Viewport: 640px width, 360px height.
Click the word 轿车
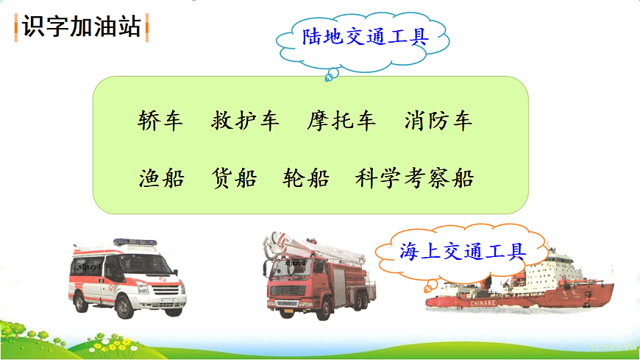[160, 121]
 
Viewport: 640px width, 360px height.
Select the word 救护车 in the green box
[245, 121]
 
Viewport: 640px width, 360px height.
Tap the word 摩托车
[341, 121]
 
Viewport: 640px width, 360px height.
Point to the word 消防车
[438, 121]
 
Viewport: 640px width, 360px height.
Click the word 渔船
[161, 177]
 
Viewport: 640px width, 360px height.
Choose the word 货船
[234, 177]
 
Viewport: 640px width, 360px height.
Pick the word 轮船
[306, 177]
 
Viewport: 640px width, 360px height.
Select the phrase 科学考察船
[414, 177]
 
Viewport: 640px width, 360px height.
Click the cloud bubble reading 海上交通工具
[463, 253]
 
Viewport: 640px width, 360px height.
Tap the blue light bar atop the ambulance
[130, 242]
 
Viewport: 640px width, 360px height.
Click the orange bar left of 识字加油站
[17, 27]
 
